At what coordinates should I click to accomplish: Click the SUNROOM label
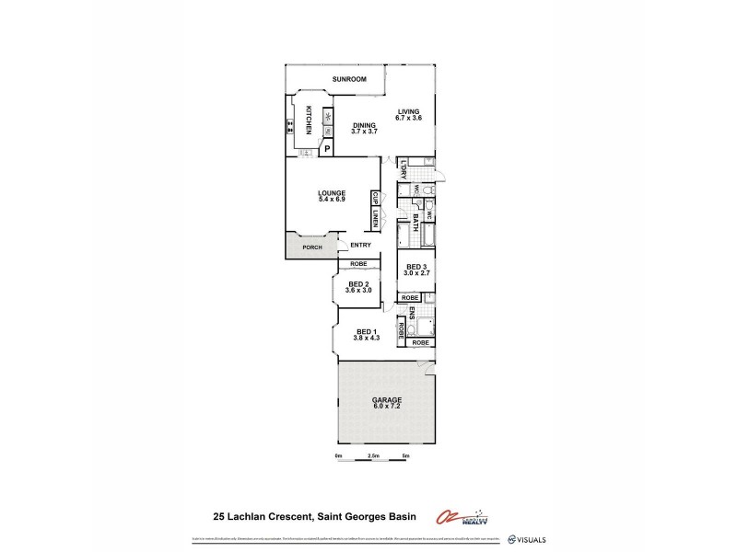pyautogui.click(x=349, y=80)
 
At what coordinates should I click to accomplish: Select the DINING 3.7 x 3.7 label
pyautogui.click(x=365, y=130)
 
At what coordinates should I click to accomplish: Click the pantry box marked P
pyautogui.click(x=326, y=148)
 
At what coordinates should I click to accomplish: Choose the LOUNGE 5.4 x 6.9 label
pyautogui.click(x=330, y=196)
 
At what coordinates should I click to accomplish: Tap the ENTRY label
pyautogui.click(x=361, y=245)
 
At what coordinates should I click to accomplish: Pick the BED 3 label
pyautogui.click(x=418, y=270)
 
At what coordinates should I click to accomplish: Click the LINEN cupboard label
pyautogui.click(x=376, y=218)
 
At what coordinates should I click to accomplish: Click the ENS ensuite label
pyautogui.click(x=412, y=313)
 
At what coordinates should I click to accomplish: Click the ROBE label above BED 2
pyautogui.click(x=357, y=265)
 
